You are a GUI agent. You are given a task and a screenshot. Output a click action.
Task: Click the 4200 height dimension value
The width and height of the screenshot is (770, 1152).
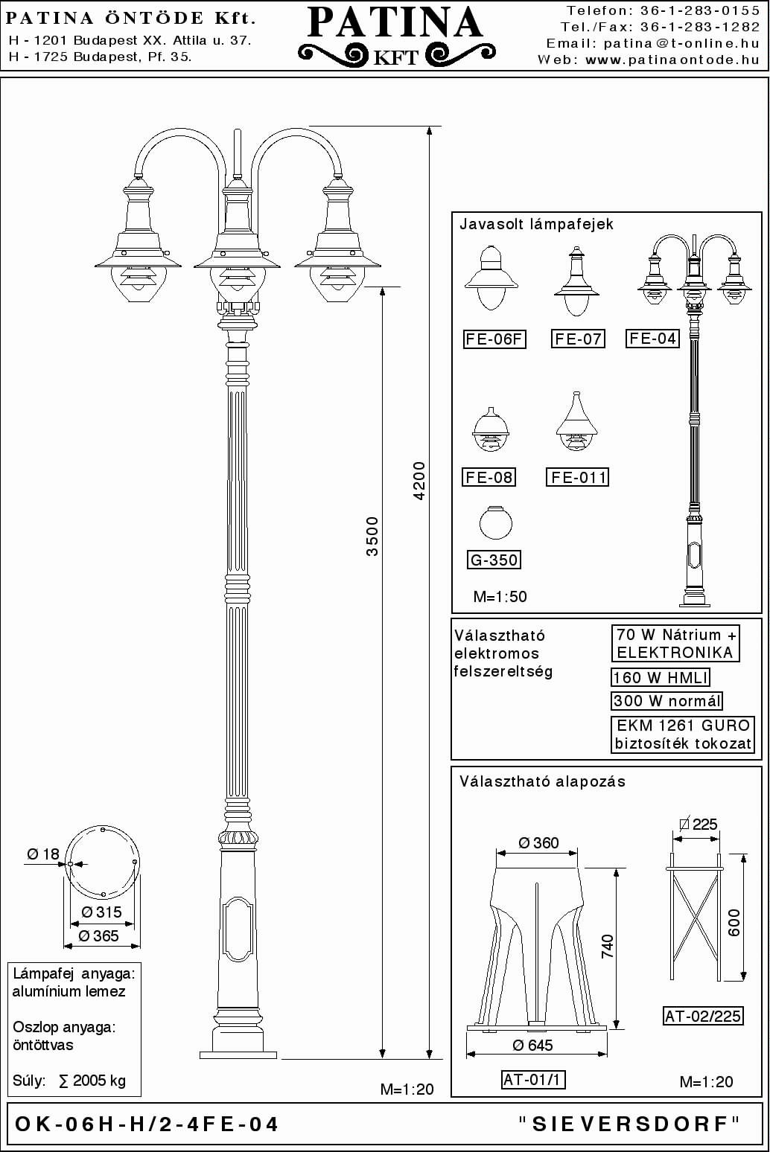click(420, 481)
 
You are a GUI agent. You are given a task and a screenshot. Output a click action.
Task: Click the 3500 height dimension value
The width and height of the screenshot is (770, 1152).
click(372, 537)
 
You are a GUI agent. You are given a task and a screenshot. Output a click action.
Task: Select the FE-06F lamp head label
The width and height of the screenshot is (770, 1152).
click(494, 339)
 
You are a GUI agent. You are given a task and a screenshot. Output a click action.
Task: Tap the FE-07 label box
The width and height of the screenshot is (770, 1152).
click(578, 339)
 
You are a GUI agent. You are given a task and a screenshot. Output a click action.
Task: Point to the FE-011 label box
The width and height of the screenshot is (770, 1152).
click(577, 477)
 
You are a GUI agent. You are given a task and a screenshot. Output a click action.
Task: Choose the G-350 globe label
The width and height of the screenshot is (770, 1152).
click(494, 560)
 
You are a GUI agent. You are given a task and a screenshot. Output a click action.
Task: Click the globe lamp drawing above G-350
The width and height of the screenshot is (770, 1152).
click(496, 523)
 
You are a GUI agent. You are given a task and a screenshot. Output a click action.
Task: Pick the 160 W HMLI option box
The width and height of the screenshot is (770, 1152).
click(661, 677)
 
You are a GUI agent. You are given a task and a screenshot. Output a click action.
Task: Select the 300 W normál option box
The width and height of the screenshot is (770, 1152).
click(666, 700)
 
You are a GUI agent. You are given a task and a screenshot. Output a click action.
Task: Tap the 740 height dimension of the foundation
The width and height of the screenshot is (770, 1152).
click(608, 946)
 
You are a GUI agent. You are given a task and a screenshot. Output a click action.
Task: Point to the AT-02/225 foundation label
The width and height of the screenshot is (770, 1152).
click(703, 1016)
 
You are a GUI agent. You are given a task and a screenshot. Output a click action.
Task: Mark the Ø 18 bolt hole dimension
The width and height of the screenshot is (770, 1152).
click(43, 854)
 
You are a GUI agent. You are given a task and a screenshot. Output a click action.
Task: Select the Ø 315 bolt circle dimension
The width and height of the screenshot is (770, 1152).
click(101, 912)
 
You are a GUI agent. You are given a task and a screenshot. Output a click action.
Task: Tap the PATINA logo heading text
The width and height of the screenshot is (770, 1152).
click(395, 23)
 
